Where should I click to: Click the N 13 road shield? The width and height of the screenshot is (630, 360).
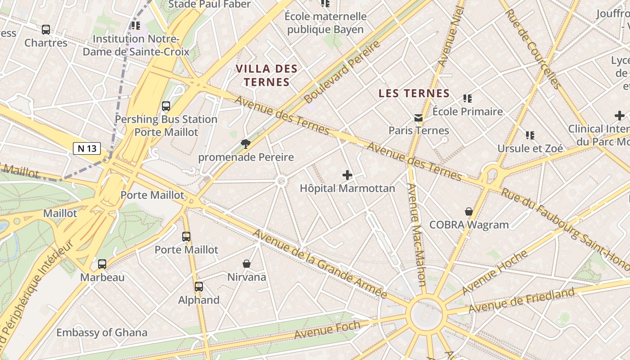click(86, 148)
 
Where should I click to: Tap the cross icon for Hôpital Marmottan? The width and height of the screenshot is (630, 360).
click(347, 175)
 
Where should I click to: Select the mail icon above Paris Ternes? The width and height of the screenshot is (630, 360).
click(418, 118)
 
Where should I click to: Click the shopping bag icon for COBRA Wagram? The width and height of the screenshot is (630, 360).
click(469, 211)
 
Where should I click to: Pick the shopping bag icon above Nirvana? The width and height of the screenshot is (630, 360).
click(247, 264)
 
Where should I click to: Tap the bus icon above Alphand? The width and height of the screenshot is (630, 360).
click(198, 286)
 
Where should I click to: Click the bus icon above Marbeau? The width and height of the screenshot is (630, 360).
click(102, 264)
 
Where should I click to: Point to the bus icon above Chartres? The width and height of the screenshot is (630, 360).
click(45, 30)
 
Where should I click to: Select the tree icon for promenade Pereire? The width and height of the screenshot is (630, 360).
click(246, 144)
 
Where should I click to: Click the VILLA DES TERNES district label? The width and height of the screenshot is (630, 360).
click(267, 76)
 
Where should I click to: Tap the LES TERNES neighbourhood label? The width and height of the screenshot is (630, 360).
click(414, 94)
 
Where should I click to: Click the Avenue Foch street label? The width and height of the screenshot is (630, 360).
click(327, 330)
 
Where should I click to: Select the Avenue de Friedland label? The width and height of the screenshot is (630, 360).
click(522, 301)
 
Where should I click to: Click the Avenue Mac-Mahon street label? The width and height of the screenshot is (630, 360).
click(416, 234)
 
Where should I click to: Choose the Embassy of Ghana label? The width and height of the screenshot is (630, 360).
click(102, 333)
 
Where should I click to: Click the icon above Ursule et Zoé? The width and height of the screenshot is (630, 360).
click(530, 135)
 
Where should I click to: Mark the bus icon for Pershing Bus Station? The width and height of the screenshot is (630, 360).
click(166, 106)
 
